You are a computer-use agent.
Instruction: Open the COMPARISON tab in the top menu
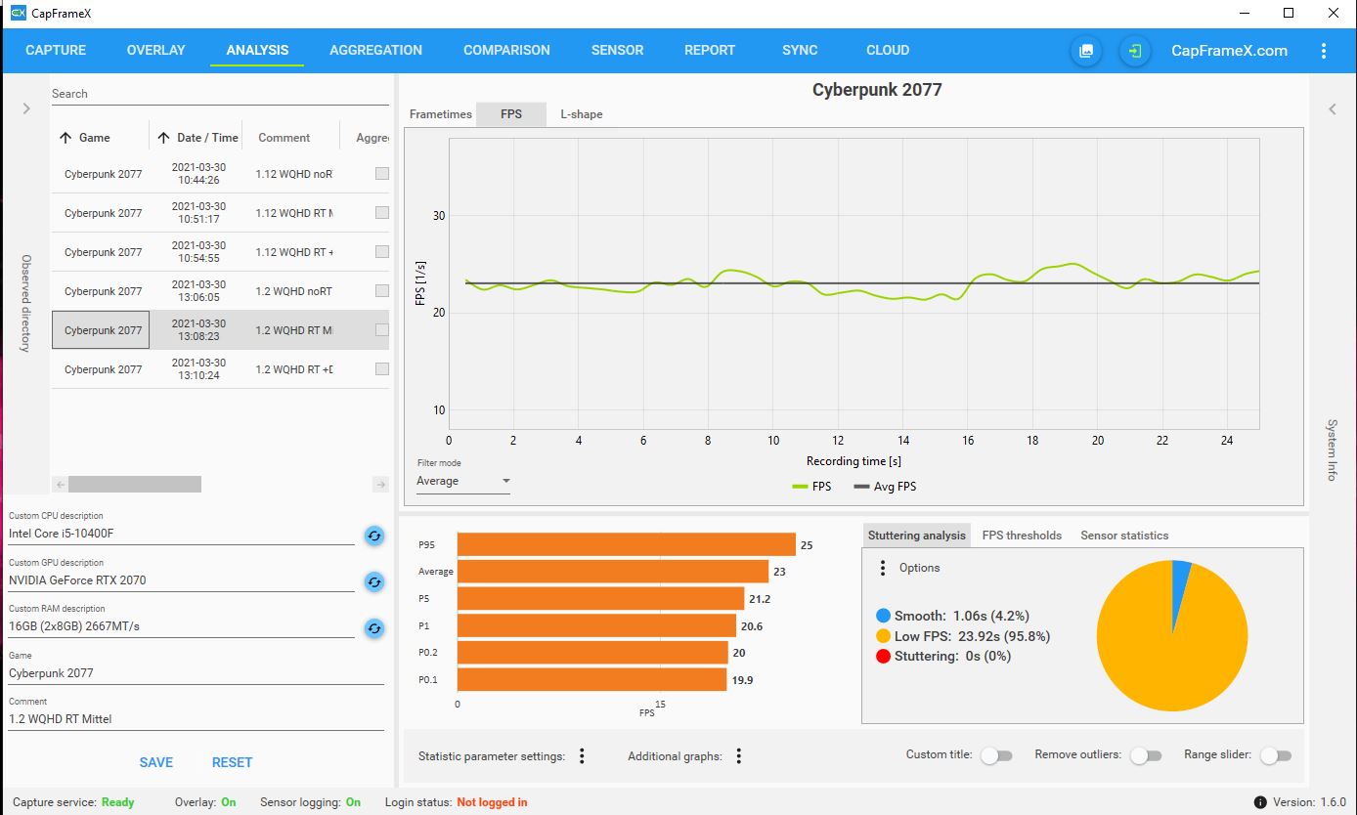click(x=506, y=50)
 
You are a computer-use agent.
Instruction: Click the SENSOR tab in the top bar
click(x=617, y=50)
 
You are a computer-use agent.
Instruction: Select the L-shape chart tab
click(x=581, y=114)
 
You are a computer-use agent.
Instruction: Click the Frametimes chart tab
click(x=440, y=114)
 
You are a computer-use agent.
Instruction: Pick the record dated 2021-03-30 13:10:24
click(x=198, y=369)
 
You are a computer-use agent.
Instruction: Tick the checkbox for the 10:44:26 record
click(x=382, y=174)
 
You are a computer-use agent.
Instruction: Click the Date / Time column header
click(x=206, y=138)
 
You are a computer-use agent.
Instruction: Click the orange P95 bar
click(x=626, y=544)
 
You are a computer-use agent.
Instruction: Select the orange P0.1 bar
click(x=591, y=679)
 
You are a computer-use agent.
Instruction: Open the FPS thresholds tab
click(x=1022, y=536)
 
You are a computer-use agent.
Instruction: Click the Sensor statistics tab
click(x=1124, y=536)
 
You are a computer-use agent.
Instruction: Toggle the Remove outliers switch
click(x=1145, y=755)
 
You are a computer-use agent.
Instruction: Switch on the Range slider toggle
click(x=1276, y=755)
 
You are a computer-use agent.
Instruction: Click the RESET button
click(x=232, y=762)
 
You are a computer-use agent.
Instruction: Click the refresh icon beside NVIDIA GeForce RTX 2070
click(x=374, y=581)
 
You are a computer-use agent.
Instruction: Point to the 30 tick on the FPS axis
click(x=439, y=216)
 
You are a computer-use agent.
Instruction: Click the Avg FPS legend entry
click(x=885, y=486)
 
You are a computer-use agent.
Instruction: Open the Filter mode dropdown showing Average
click(x=463, y=481)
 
